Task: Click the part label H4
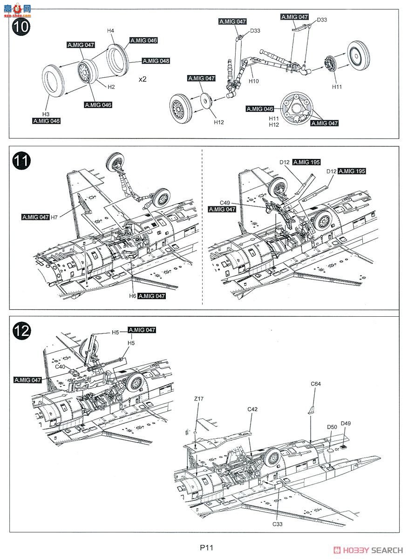(110, 31)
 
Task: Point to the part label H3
(46, 114)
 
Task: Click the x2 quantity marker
(143, 79)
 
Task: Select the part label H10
(254, 81)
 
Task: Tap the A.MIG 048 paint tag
(156, 61)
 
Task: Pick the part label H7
(54, 217)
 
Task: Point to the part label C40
(60, 367)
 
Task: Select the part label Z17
(199, 399)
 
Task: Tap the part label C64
(315, 384)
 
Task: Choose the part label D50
(332, 427)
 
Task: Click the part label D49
(346, 423)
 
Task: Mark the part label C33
(279, 524)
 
